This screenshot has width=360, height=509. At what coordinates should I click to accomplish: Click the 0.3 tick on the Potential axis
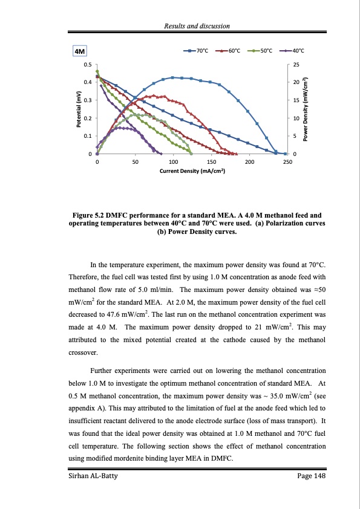88,100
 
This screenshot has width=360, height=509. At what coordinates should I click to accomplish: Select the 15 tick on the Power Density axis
296,100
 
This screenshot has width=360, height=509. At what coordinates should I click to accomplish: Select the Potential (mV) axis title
78,109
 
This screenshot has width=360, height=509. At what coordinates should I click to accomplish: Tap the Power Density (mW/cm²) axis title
306,109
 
